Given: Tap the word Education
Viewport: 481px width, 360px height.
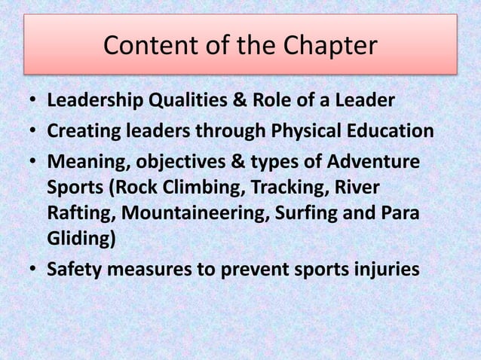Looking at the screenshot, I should (387, 132).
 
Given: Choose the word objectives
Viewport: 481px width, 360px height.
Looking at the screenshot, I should (172, 163).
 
